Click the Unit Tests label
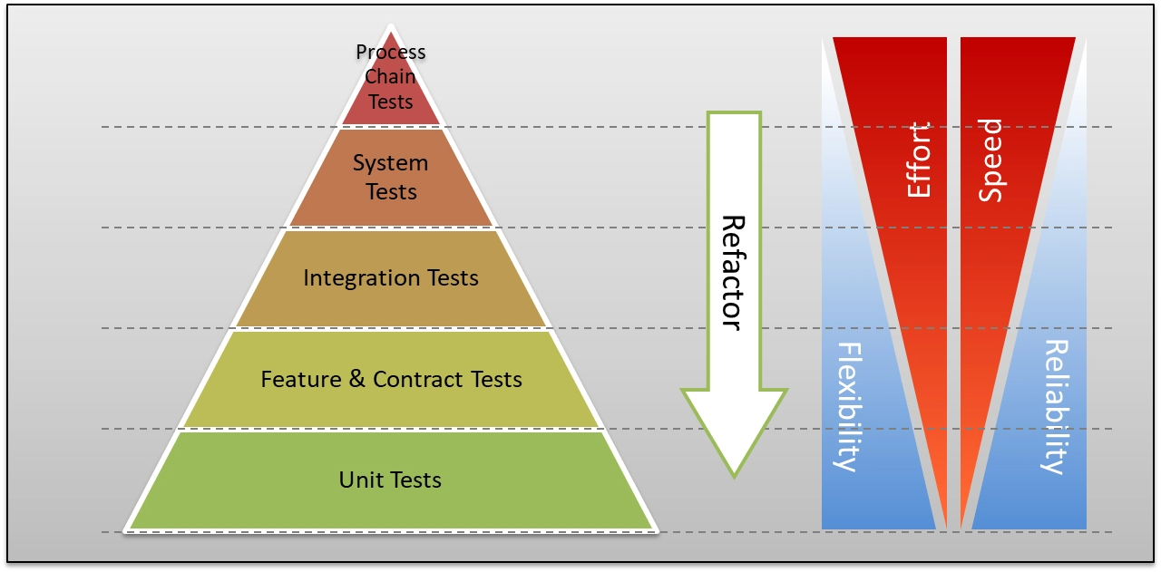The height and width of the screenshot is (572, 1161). pos(390,480)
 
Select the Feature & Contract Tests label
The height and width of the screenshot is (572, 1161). pos(391,379)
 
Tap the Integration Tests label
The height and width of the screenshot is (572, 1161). pos(391,277)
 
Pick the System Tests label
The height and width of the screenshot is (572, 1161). pos(391,177)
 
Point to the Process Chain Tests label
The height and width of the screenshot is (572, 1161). pos(391,77)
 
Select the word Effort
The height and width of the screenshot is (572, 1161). pos(919,160)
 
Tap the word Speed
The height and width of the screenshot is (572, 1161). pos(991,160)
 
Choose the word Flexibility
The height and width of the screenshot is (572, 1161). pos(846,406)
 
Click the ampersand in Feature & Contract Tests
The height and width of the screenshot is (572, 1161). pos(356,379)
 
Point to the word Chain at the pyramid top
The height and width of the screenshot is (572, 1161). pos(391,77)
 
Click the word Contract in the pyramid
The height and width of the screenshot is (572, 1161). pos(407,379)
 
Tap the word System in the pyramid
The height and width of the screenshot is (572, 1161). pos(390,164)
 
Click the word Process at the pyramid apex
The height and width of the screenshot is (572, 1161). pos(391,53)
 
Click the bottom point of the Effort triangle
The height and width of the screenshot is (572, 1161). pos(946,526)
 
